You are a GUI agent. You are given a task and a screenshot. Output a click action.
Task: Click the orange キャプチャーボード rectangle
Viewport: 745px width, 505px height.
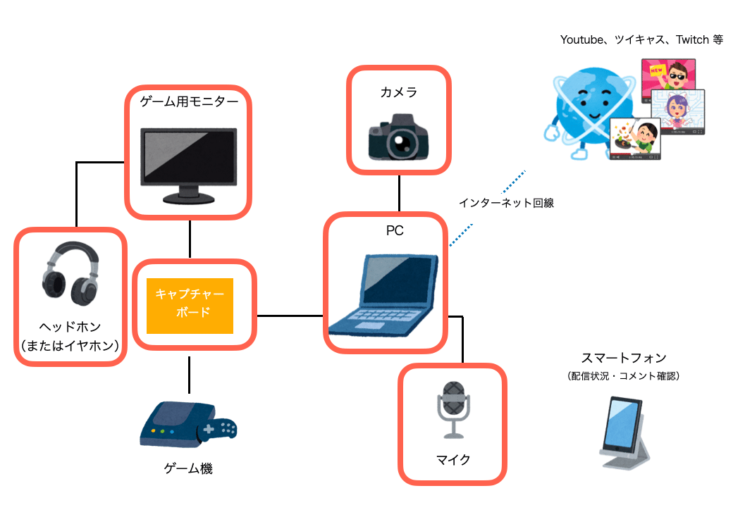(189, 306)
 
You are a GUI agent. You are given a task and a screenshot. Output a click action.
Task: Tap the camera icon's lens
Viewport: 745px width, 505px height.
(402, 145)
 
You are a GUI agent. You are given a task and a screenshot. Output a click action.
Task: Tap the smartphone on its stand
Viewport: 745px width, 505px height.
(624, 430)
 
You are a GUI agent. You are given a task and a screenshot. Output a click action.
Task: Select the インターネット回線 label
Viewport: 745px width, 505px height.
(507, 203)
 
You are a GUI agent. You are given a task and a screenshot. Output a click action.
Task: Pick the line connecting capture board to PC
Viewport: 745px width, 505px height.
(290, 316)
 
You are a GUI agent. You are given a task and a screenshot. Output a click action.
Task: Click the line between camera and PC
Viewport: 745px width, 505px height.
(400, 194)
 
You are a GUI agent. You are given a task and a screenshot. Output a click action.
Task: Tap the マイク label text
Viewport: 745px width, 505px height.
(452, 461)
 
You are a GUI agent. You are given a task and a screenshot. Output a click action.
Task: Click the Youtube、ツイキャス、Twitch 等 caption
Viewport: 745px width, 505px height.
(641, 40)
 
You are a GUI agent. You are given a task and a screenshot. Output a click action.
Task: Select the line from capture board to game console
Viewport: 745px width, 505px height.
(190, 374)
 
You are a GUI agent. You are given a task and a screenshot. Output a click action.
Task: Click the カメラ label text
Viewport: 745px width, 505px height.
(399, 92)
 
